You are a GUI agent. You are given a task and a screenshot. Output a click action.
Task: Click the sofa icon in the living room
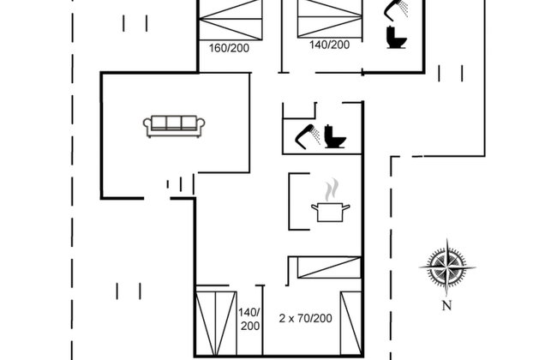174,126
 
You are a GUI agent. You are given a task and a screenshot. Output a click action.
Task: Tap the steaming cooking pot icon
331,201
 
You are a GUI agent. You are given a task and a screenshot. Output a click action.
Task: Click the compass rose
447,267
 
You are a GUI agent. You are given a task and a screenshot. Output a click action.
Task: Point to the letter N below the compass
446,305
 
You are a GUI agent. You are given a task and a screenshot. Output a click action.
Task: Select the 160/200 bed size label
229,48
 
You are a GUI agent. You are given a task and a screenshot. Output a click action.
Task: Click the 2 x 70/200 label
306,318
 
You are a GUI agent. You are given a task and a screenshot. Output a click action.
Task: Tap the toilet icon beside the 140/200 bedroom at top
396,38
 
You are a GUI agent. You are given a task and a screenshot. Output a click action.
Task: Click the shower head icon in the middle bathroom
308,136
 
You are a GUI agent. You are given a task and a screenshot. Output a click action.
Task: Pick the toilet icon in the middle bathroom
335,136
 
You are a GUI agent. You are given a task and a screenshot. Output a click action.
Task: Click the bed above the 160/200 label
231,20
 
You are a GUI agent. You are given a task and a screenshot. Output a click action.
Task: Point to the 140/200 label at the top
329,45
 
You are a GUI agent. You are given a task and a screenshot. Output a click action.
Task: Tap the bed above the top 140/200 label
330,19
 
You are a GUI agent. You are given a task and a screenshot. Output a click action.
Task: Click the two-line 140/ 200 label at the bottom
249,319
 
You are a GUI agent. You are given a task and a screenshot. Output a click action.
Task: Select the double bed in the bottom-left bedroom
216,323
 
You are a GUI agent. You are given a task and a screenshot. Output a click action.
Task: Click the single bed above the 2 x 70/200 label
329,267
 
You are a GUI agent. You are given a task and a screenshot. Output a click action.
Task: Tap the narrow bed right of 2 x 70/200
351,323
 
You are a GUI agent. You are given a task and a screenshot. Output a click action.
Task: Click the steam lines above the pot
332,189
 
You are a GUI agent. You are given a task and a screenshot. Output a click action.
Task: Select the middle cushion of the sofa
174,123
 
